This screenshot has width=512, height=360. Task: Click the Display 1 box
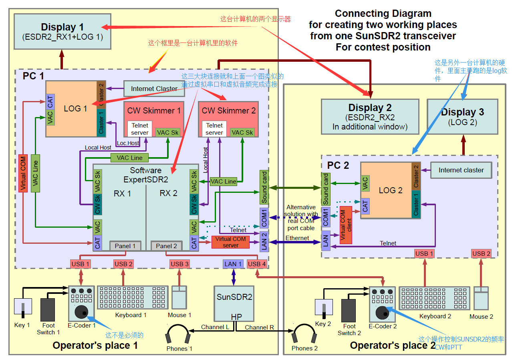(62, 32)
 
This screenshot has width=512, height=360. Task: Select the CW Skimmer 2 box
(228, 119)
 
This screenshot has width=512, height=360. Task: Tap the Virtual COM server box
(230, 242)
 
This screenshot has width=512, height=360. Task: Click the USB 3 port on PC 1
(179, 264)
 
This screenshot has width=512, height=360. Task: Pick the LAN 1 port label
(233, 264)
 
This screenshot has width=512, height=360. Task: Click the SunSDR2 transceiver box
(234, 303)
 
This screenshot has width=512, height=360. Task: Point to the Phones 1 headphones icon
(178, 334)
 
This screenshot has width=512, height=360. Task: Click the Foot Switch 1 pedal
(48, 309)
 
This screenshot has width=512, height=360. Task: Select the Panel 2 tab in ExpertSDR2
(166, 246)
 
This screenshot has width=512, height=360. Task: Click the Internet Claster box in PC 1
(154, 89)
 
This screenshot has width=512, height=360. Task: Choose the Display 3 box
(462, 117)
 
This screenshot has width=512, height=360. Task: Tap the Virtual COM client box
(346, 225)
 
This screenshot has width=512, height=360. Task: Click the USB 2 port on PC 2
(482, 254)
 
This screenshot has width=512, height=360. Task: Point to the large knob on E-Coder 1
(81, 312)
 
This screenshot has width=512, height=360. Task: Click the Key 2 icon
(324, 309)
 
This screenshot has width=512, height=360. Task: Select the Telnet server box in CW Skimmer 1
(140, 129)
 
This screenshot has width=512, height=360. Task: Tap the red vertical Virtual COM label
(23, 173)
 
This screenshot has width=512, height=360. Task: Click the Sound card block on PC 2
(326, 189)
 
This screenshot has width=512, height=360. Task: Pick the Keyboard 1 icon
(133, 297)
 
